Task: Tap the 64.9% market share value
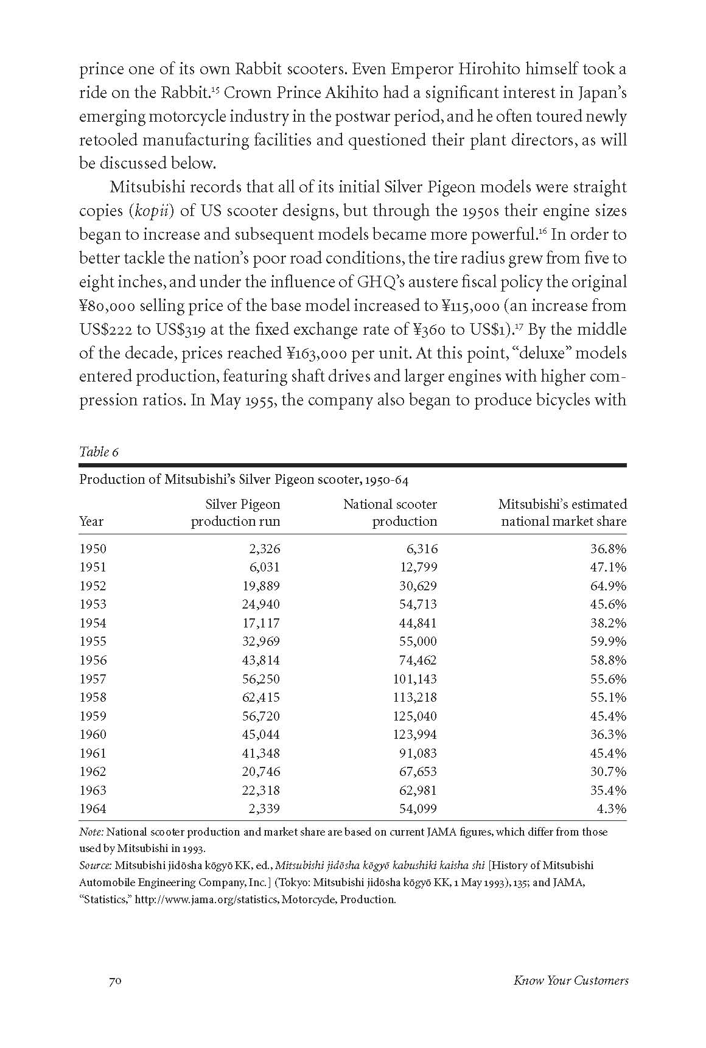pos(608,585)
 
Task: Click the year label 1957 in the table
pos(93,679)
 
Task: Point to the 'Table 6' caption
pos(99,452)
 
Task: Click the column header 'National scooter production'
pos(390,512)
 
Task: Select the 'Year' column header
pos(91,522)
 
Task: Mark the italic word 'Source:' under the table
pos(96,865)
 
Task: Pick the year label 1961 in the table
pos(93,753)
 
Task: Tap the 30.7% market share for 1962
pos(608,772)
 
